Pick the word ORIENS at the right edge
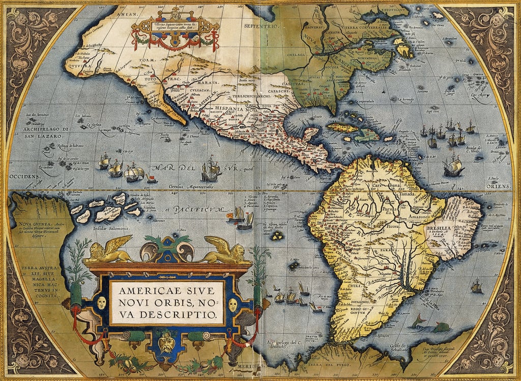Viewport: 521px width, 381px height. [x=499, y=186]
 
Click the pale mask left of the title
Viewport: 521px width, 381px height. [x=101, y=304]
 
